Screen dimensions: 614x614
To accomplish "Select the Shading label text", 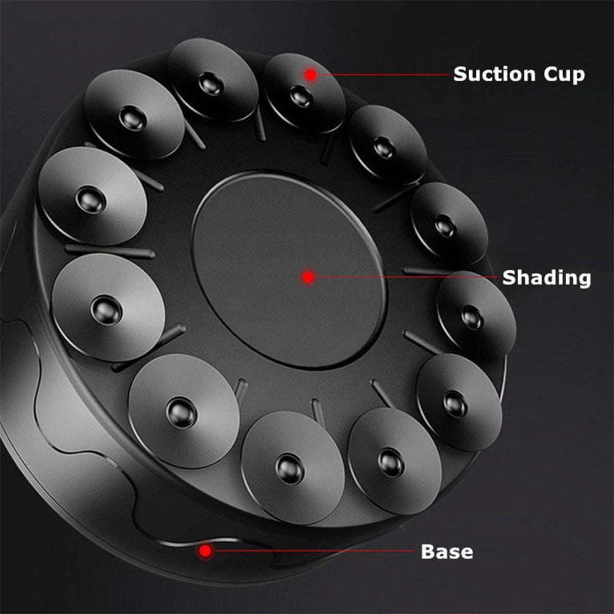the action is tap(546, 278).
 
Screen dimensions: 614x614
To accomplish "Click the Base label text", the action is tap(447, 552).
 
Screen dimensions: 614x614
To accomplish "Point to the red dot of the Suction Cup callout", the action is tap(310, 74).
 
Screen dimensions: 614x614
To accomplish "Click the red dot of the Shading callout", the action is tap(308, 277).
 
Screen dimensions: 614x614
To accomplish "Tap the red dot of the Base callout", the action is tap(205, 551).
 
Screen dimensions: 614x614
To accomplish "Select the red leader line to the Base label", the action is tap(312, 551).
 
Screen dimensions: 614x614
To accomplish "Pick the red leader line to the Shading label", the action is tap(406, 277).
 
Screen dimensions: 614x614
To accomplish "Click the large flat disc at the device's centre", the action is tap(289, 270).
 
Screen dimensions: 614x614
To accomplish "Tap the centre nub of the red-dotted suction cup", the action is tap(301, 96).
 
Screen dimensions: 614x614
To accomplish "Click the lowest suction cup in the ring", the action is tap(292, 467).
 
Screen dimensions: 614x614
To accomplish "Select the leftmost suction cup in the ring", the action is tap(93, 196).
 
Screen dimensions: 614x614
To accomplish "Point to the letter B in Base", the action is tap(428, 552).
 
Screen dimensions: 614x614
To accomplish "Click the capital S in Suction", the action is tap(460, 74).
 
